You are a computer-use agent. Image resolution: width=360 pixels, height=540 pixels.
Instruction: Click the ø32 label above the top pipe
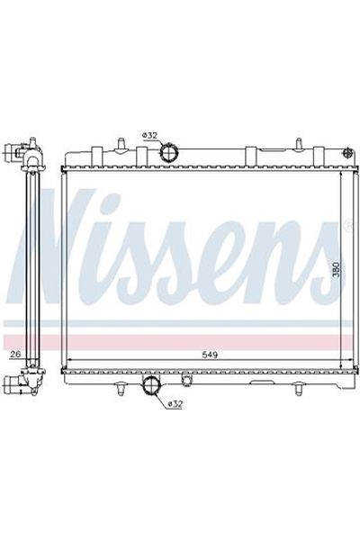click(x=149, y=136)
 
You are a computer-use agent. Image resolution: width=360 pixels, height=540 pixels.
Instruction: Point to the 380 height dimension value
click(x=335, y=271)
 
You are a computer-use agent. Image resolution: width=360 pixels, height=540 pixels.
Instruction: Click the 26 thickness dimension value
click(x=15, y=355)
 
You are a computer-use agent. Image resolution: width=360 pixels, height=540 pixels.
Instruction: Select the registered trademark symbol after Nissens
click(x=347, y=226)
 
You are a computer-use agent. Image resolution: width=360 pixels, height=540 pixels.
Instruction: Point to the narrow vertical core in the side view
click(x=33, y=270)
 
